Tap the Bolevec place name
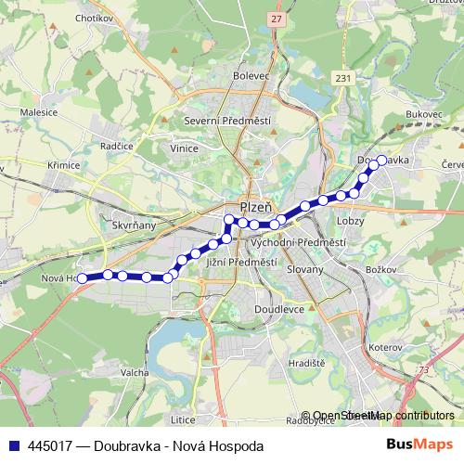tap(251, 76)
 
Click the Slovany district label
tap(304, 270)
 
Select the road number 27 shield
tap(277, 19)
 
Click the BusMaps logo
tap(419, 445)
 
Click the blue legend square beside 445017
tap(16, 445)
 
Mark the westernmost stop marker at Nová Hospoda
tap(82, 277)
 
